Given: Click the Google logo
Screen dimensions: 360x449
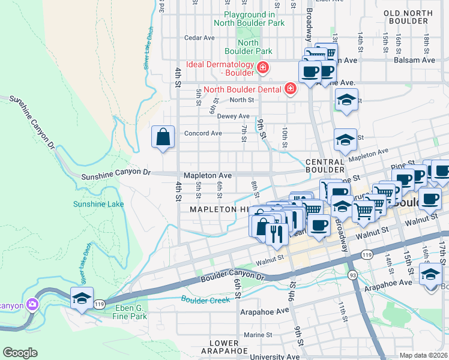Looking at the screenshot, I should coord(20,353).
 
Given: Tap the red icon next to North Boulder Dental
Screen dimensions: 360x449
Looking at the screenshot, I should coord(291,89).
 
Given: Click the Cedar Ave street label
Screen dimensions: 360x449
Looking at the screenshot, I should coord(200,37).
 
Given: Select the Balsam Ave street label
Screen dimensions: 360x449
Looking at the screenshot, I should coord(414,60).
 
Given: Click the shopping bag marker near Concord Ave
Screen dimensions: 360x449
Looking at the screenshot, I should coord(163,137).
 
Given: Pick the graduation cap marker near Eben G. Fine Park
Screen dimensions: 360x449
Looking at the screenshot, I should coord(82,298).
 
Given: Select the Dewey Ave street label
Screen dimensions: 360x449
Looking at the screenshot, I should coord(233,116).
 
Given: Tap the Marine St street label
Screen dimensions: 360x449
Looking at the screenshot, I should coord(259,335).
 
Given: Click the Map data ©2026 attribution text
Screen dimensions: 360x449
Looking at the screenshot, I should coord(423,355).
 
